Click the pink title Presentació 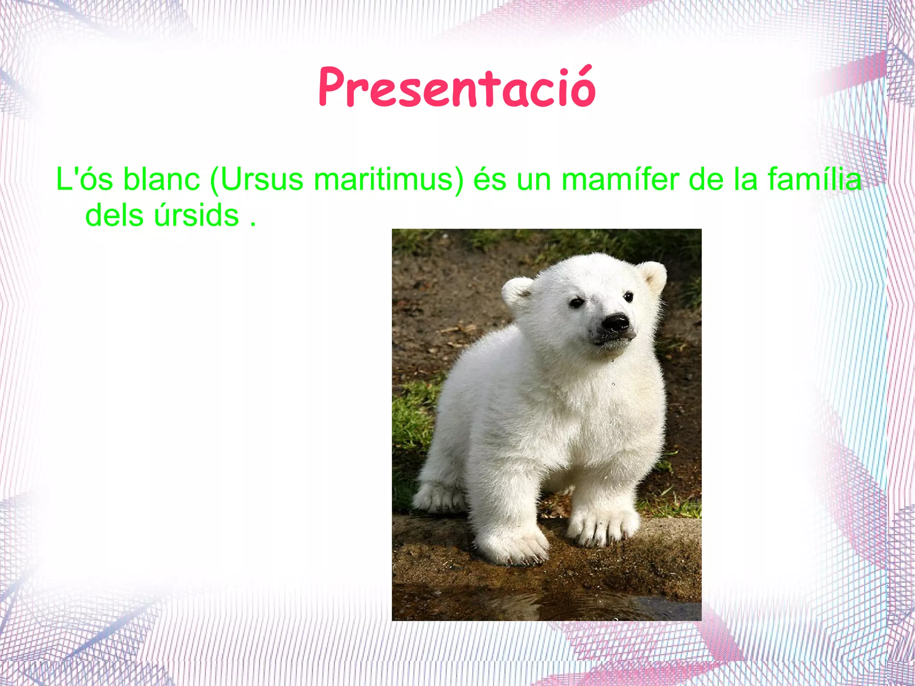pyautogui.click(x=457, y=88)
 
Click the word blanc pyautogui.click(x=161, y=179)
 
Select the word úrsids pyautogui.click(x=196, y=215)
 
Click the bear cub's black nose pyautogui.click(x=616, y=323)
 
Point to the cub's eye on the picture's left pyautogui.click(x=576, y=303)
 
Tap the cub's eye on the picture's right pyautogui.click(x=628, y=297)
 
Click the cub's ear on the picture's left pyautogui.click(x=518, y=293)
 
